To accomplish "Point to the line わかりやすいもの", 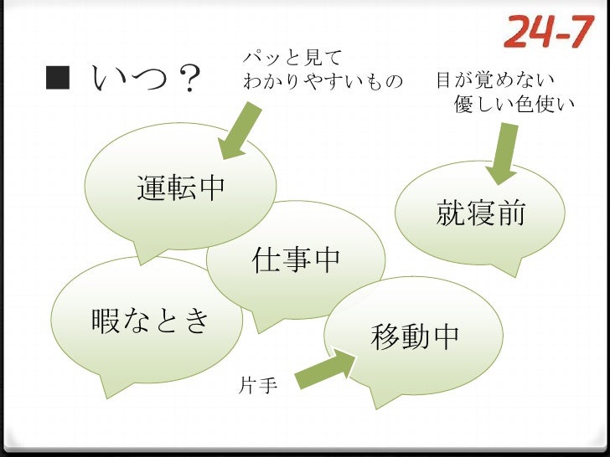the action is [323, 82].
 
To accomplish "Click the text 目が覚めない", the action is [494, 82].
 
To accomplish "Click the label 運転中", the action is [182, 188].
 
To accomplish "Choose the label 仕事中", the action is [297, 260].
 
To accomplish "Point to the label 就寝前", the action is [480, 213].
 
